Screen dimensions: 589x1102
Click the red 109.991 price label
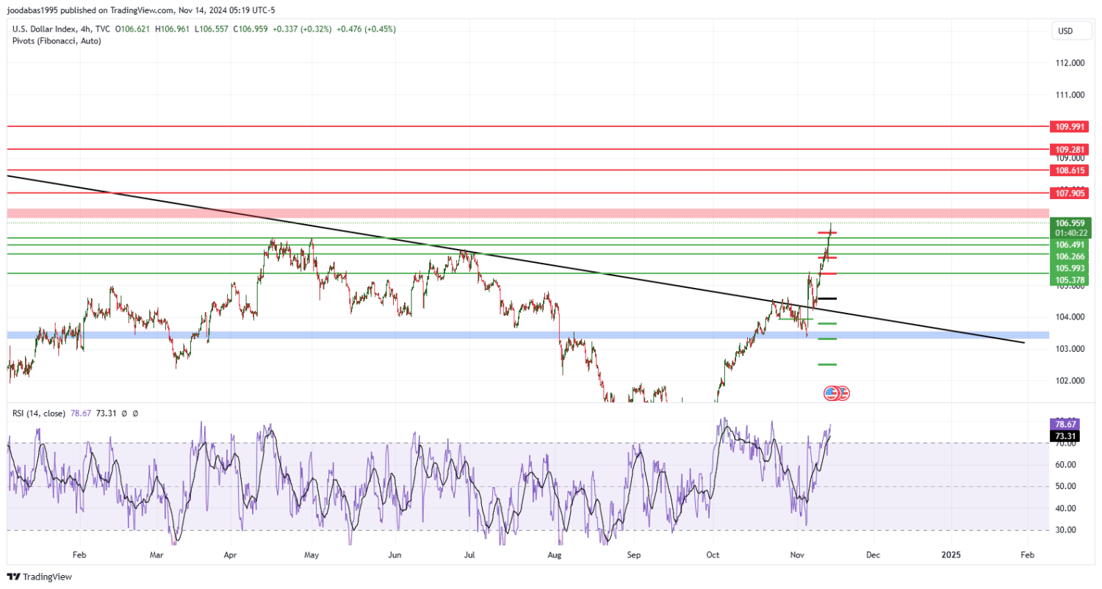[1070, 126]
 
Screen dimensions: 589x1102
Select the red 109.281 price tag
[1070, 149]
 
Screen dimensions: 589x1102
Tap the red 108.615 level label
[1070, 170]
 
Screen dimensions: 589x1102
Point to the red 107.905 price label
[1070, 193]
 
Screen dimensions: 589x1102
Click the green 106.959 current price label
[1070, 223]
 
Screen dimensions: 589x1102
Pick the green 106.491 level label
[1070, 245]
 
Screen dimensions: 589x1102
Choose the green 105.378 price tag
[1070, 280]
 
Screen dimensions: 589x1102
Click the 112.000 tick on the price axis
[1070, 63]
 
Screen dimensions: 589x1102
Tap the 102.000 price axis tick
[1070, 380]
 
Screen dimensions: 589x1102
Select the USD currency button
[1064, 32]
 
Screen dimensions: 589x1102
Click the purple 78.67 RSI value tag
[1065, 424]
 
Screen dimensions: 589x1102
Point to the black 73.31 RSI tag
[1065, 436]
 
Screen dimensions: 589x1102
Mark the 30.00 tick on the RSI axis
[1065, 530]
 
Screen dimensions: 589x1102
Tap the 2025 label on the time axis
[951, 555]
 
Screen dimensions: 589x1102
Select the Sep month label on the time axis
[634, 555]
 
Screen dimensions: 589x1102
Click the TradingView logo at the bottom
[40, 577]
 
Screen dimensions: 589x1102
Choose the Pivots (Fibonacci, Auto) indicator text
[57, 41]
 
